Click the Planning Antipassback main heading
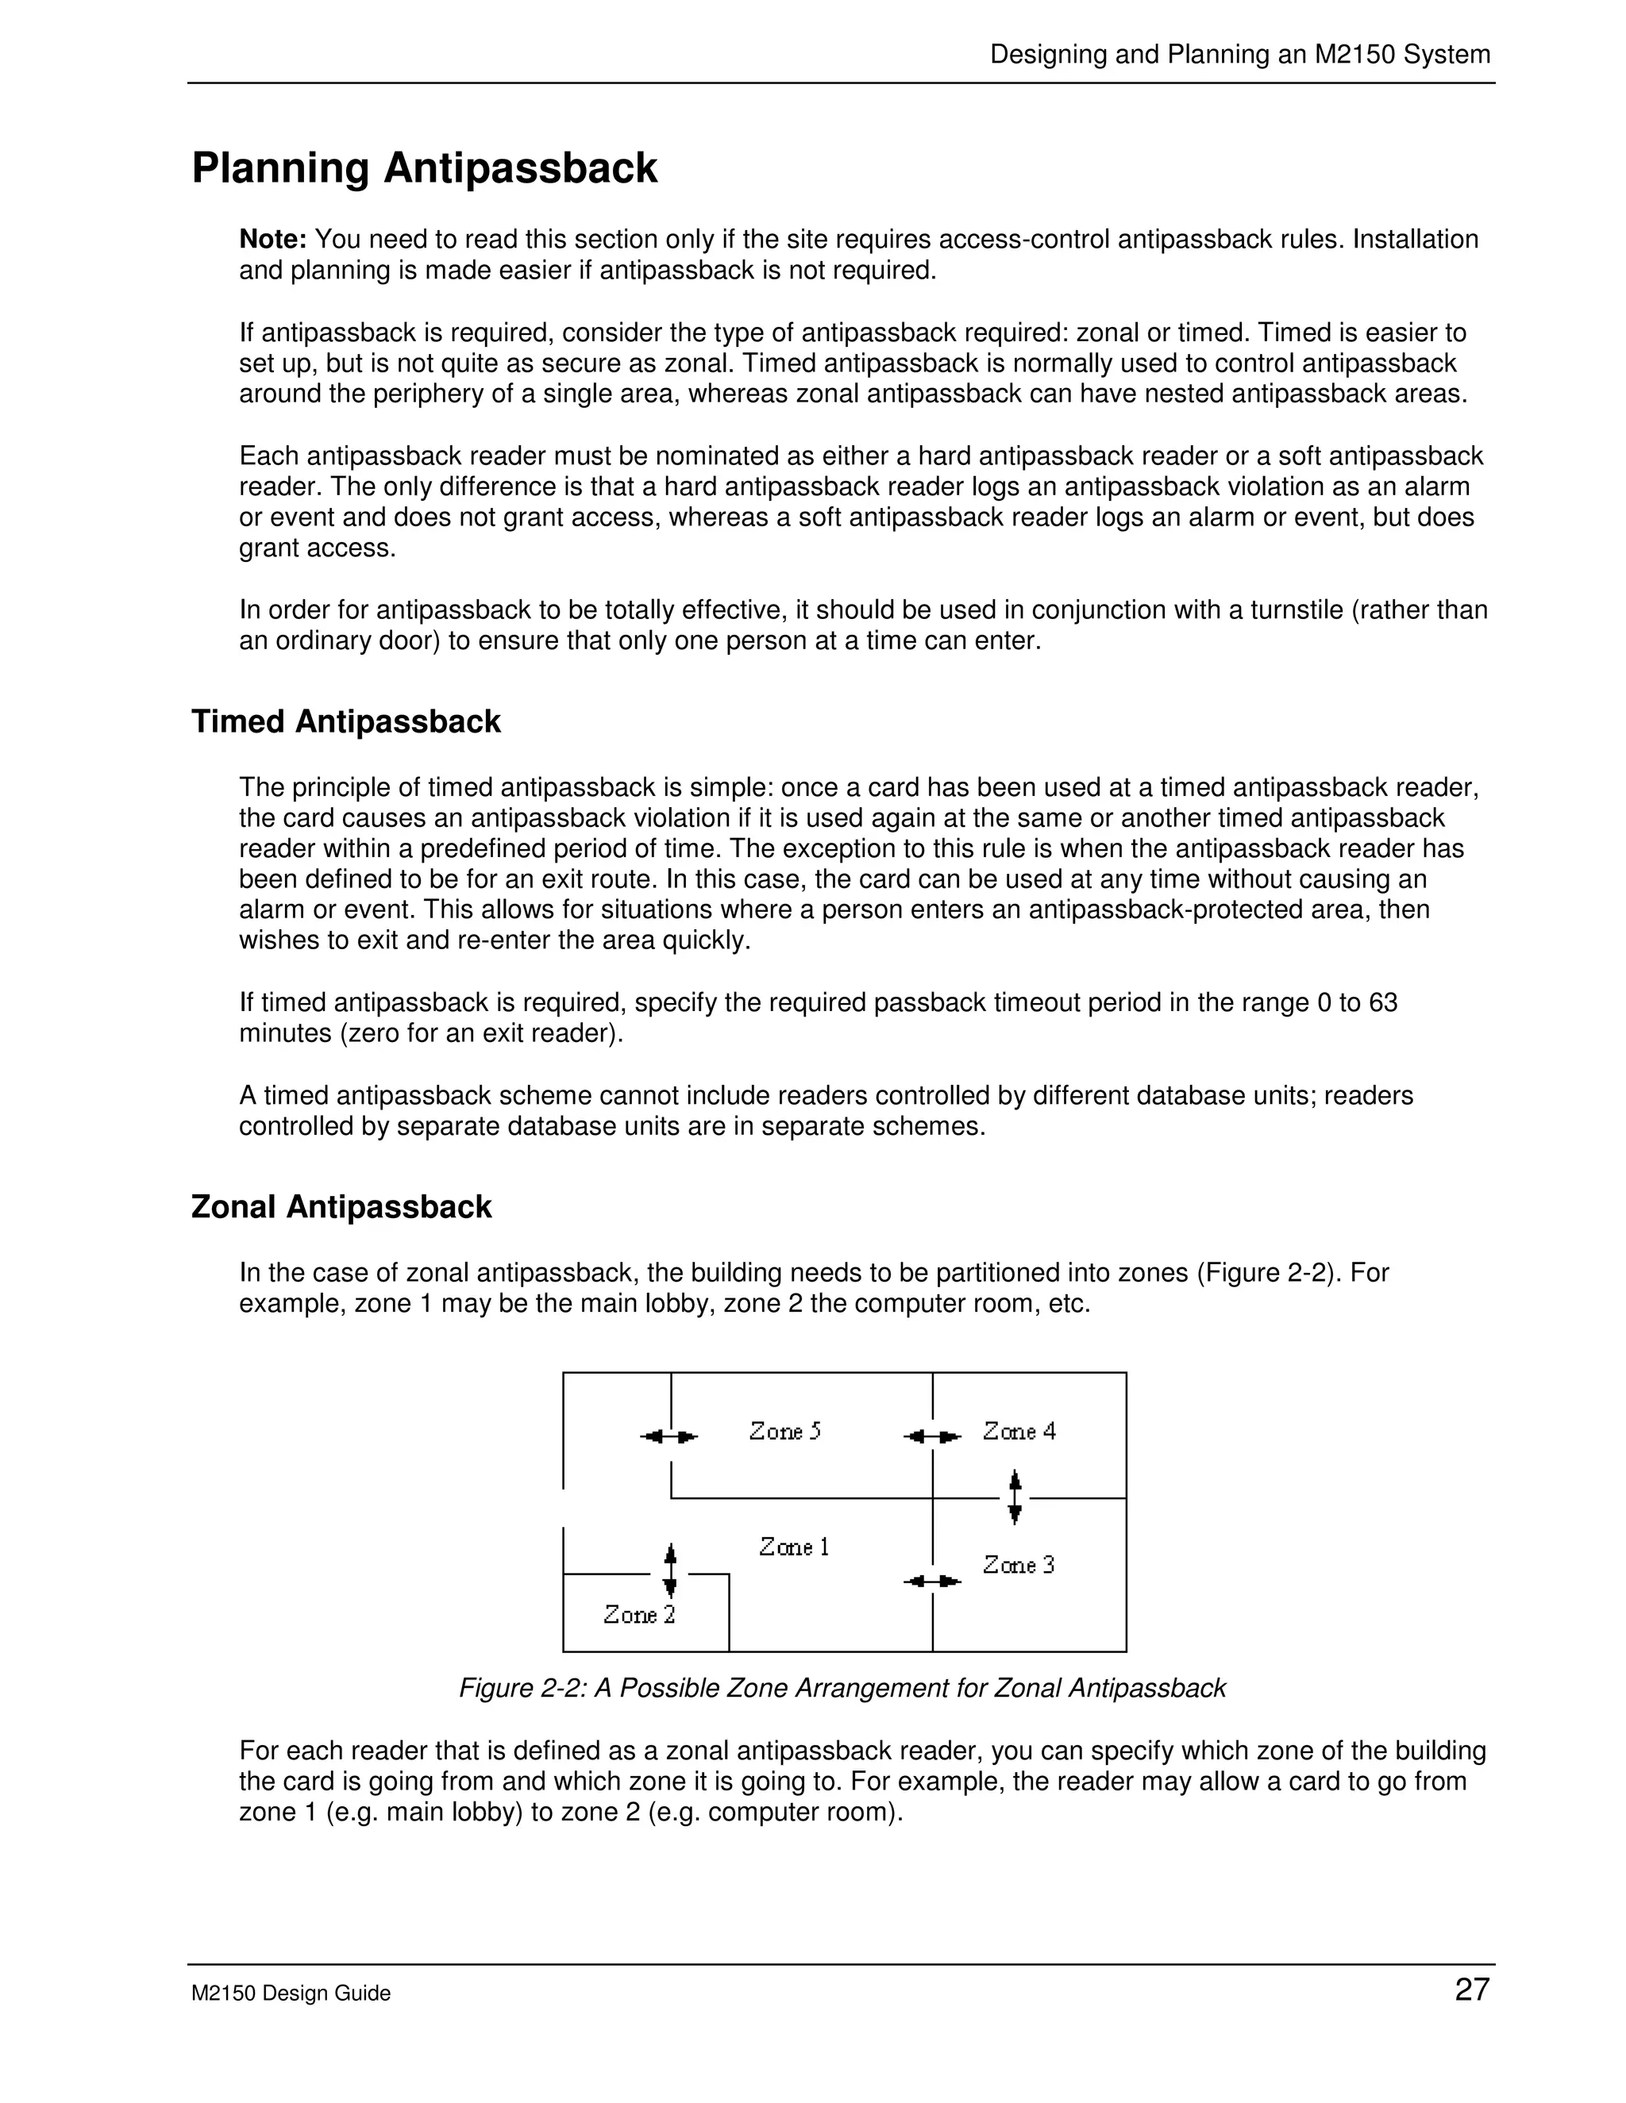pyautogui.click(x=424, y=167)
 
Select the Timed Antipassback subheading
pyautogui.click(x=346, y=721)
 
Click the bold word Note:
pyautogui.click(x=272, y=239)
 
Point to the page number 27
pyautogui.click(x=1472, y=1990)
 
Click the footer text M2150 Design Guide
pyautogui.click(x=291, y=1993)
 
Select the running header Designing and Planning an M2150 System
pyautogui.click(x=1239, y=54)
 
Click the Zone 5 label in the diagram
pyautogui.click(x=785, y=1431)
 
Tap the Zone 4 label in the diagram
pyautogui.click(x=1019, y=1431)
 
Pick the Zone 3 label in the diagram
pyautogui.click(x=1018, y=1565)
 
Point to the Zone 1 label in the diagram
pyautogui.click(x=794, y=1547)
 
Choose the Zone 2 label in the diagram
pyautogui.click(x=640, y=1614)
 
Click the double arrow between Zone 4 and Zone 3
pyautogui.click(x=1015, y=1497)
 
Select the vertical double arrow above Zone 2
pyautogui.click(x=670, y=1571)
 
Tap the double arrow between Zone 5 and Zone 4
pyautogui.click(x=932, y=1436)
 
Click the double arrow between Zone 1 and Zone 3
pyautogui.click(x=932, y=1581)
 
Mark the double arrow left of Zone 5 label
pyautogui.click(x=669, y=1436)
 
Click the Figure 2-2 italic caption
pyautogui.click(x=842, y=1688)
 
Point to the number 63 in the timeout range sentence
pyautogui.click(x=1382, y=1002)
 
